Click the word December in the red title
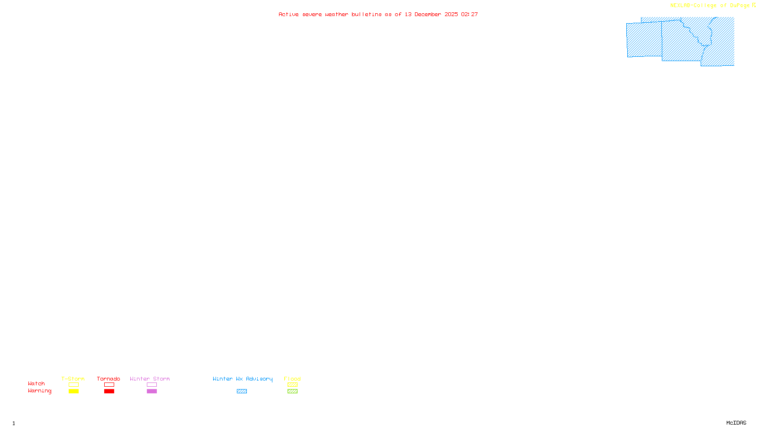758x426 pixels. tap(428, 14)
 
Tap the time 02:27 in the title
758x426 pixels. tap(469, 14)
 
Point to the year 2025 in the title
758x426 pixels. tap(451, 14)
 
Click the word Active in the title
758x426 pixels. tap(289, 14)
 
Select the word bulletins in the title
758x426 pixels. tap(367, 14)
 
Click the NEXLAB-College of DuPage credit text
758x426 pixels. tap(710, 5)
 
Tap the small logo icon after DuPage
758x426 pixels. tap(754, 5)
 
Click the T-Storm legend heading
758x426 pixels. tap(73, 379)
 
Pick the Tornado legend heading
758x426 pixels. tap(108, 379)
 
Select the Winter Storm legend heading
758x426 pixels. tap(150, 379)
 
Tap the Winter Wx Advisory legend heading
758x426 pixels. tap(243, 379)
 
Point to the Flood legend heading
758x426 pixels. tap(292, 379)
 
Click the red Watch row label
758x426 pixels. tap(36, 383)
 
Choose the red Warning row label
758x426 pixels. tap(40, 391)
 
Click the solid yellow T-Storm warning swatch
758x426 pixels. tap(73, 391)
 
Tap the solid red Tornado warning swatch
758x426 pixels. tap(109, 391)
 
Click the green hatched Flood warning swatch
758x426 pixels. tap(292, 391)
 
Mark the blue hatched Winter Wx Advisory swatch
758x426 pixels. tap(242, 391)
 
